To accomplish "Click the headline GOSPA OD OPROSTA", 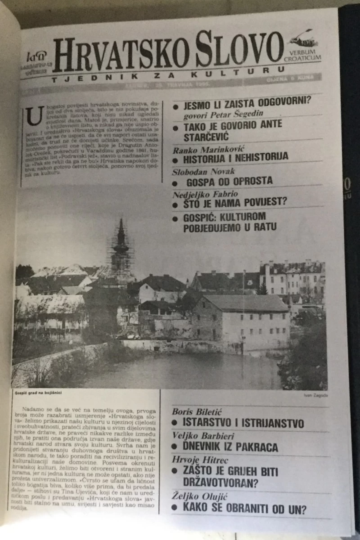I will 229,181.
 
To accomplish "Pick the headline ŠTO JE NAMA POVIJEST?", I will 235,203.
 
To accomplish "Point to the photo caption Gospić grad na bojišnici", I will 38,393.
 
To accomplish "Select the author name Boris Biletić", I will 197,412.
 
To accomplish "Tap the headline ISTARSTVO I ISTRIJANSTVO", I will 243,423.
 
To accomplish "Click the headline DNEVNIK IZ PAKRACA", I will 230,447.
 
